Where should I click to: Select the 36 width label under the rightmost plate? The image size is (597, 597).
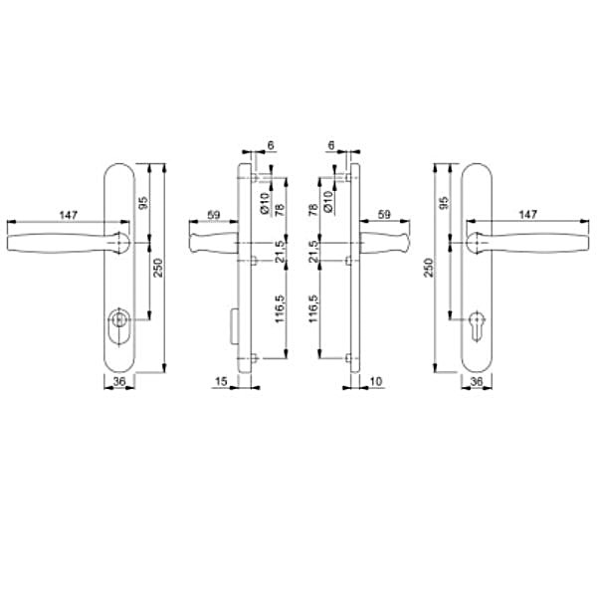(x=476, y=382)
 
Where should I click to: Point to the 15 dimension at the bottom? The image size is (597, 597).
(x=221, y=382)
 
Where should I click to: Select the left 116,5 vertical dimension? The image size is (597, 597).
(x=281, y=310)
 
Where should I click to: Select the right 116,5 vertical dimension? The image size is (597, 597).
(x=316, y=310)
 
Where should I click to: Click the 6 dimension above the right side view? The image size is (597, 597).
(x=330, y=145)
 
